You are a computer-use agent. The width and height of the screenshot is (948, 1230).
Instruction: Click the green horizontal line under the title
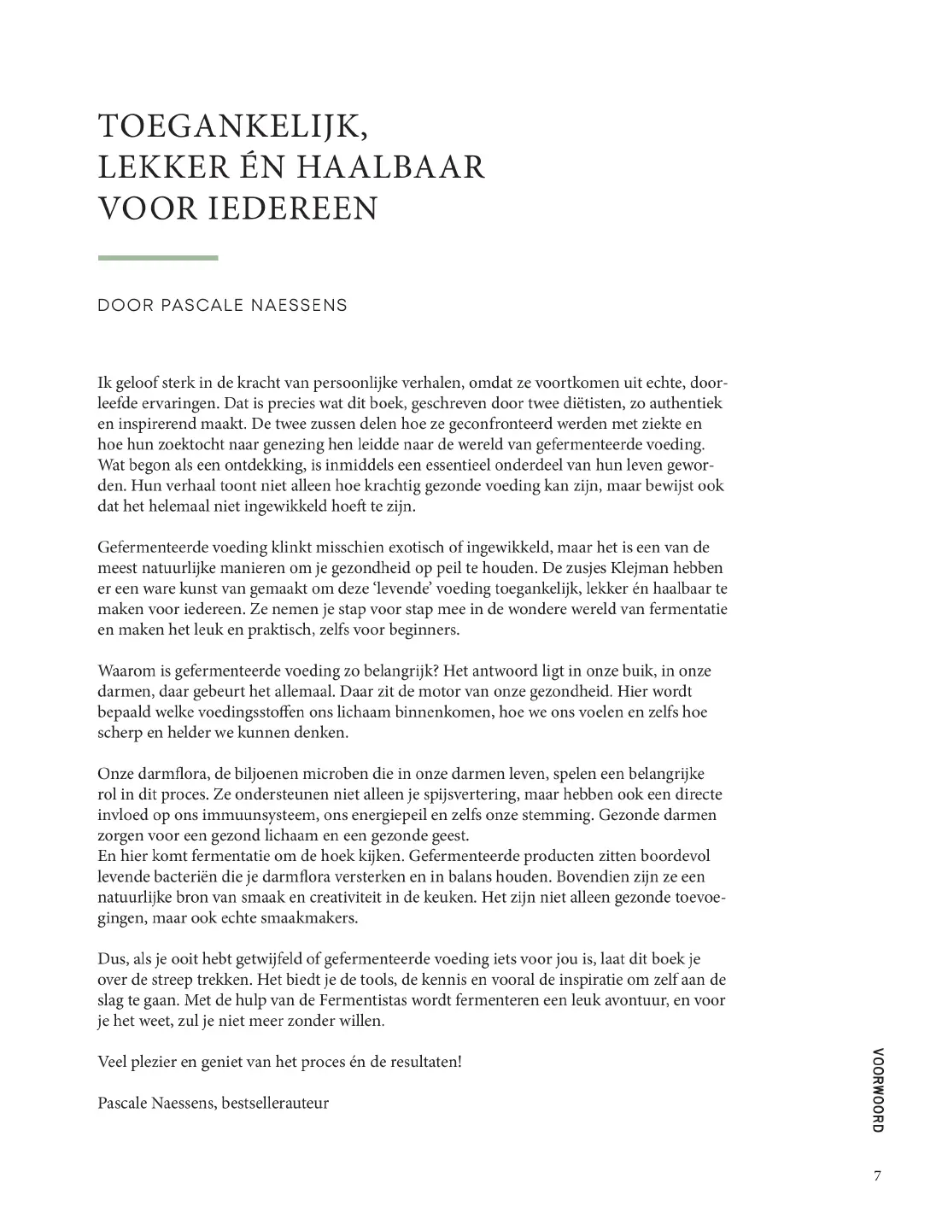point(158,258)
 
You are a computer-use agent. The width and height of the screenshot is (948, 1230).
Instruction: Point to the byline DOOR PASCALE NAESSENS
point(223,306)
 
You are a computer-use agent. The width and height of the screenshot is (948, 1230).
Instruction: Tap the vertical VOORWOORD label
point(878,1090)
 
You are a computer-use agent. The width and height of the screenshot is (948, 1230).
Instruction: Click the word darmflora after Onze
point(170,774)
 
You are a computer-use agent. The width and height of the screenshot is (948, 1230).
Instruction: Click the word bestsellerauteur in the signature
point(275,1103)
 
